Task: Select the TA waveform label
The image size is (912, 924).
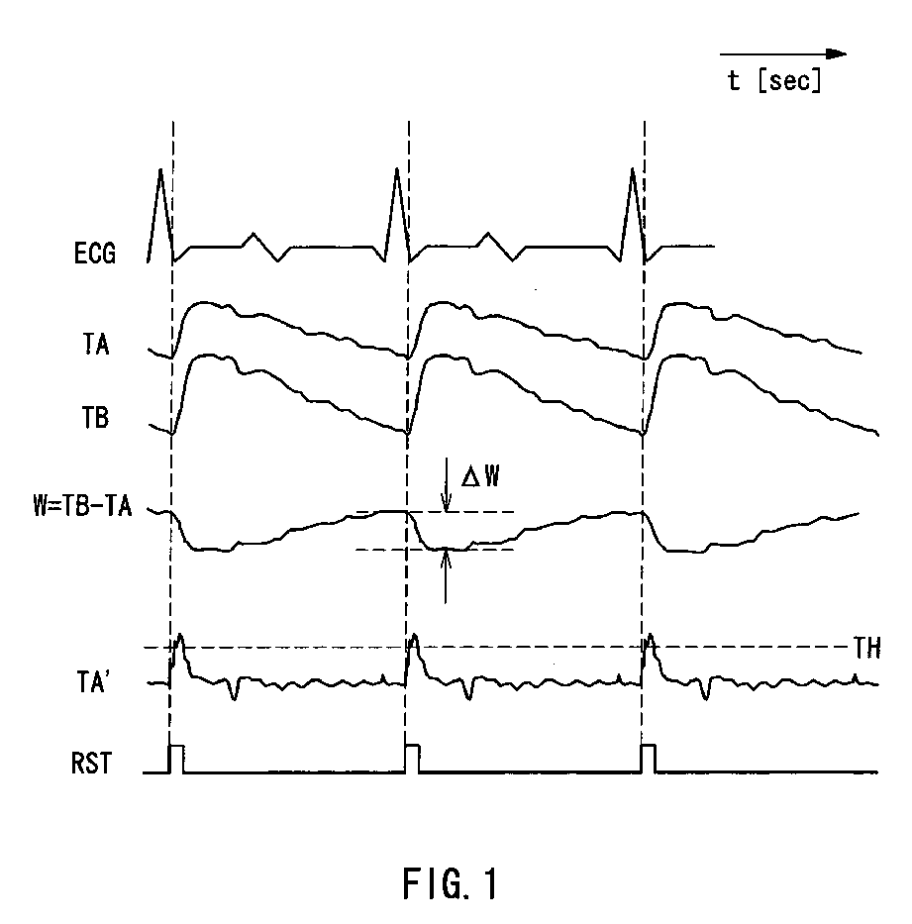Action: click(97, 346)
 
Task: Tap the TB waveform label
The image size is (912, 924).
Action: click(96, 418)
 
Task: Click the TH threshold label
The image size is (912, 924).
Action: click(865, 648)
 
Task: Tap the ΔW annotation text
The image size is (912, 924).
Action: click(480, 478)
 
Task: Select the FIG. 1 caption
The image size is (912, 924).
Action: click(451, 882)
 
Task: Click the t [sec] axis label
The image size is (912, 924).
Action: click(774, 81)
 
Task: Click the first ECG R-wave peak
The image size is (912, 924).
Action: click(160, 171)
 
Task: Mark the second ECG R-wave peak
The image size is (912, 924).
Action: click(396, 171)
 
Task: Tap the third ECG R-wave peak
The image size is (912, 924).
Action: click(632, 171)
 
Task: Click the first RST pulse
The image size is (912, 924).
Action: click(177, 758)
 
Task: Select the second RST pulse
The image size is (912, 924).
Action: click(413, 758)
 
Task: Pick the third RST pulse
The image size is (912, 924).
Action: click(649, 758)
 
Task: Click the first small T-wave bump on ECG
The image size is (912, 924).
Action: click(254, 235)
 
